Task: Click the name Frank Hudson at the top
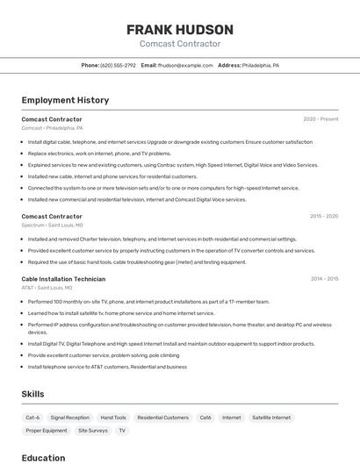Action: [x=179, y=29]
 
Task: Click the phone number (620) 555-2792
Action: [x=118, y=65]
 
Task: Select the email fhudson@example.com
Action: [x=185, y=65]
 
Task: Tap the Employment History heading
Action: [x=65, y=100]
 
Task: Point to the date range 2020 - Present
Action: [x=320, y=118]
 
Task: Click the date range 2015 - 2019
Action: [x=323, y=216]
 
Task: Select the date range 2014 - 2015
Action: [x=323, y=279]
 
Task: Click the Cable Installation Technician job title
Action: [x=63, y=279]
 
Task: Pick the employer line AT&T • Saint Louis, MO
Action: [x=47, y=288]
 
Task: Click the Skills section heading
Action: [x=32, y=394]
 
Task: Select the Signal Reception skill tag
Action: [x=70, y=418]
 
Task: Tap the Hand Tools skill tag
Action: [x=113, y=418]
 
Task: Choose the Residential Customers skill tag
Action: [x=163, y=418]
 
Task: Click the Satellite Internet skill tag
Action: [x=271, y=418]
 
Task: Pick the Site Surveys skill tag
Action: [x=93, y=431]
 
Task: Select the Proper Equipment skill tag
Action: [x=47, y=431]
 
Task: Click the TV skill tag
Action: [x=122, y=431]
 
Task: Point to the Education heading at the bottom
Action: [x=43, y=457]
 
